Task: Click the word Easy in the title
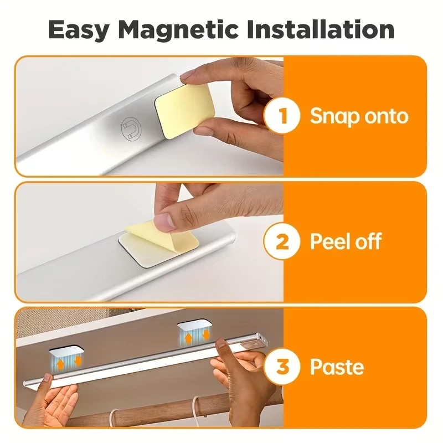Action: pos(79,30)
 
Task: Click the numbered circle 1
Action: pos(282,116)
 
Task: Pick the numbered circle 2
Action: pos(282,241)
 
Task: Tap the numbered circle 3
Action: pos(282,367)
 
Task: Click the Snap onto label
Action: pos(359,116)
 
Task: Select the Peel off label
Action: pos(346,241)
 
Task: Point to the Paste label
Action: pos(337,367)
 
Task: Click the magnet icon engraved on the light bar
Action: pos(131,128)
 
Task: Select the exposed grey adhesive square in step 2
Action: pos(144,254)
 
